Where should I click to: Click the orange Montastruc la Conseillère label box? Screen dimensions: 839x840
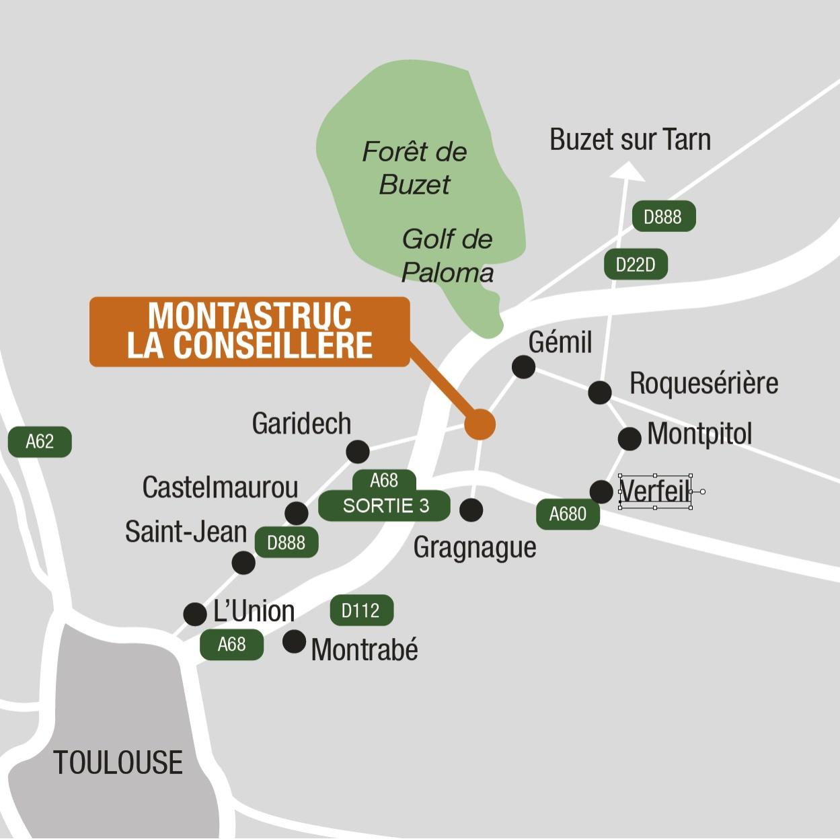pos(250,331)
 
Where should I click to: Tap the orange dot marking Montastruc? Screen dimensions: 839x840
pos(480,424)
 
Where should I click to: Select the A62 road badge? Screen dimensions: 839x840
pos(40,442)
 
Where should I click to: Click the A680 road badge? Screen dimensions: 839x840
pos(568,514)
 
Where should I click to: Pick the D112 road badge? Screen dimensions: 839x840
pos(361,610)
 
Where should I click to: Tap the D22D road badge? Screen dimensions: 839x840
pos(636,265)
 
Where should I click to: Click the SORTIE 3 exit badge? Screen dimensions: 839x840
pos(385,506)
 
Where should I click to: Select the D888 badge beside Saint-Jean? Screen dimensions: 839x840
pos(286,543)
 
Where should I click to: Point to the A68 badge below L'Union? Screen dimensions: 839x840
pos(231,645)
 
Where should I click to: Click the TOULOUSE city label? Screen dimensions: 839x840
pos(118,762)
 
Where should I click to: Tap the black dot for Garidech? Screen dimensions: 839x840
pos(358,452)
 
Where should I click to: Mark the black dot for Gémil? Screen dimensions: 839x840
pos(523,367)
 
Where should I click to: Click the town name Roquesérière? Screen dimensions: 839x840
pos(703,383)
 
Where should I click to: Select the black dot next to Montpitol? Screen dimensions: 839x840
pos(629,438)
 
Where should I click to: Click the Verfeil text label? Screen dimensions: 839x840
pos(654,491)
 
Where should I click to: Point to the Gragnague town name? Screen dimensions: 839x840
pos(475,548)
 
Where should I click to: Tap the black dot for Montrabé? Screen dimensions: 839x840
pos(294,642)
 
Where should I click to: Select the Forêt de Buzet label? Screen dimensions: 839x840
pos(414,167)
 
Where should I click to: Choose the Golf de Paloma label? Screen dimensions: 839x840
pos(447,255)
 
